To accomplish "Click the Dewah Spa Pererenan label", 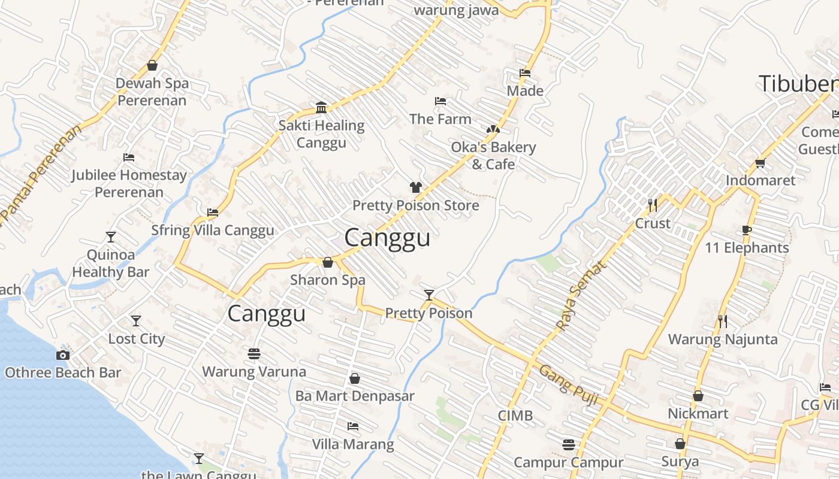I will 152,92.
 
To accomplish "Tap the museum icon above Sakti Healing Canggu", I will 321,107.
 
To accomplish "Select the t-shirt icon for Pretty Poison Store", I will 416,187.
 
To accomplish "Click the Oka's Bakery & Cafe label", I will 493,155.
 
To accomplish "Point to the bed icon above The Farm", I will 440,101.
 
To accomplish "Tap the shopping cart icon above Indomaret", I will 760,162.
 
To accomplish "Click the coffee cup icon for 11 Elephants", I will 747,230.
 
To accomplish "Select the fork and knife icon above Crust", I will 653,205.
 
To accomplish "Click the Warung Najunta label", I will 723,339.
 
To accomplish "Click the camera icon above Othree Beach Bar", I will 63,355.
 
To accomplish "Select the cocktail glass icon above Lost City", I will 136,321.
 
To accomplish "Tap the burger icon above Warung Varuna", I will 254,354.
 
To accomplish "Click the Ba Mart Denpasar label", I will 355,396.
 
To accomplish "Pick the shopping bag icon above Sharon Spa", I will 328,262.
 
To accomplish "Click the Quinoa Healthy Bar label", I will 111,263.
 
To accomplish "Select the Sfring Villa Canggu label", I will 212,231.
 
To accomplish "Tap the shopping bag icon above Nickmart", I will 698,396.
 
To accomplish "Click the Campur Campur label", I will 569,462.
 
